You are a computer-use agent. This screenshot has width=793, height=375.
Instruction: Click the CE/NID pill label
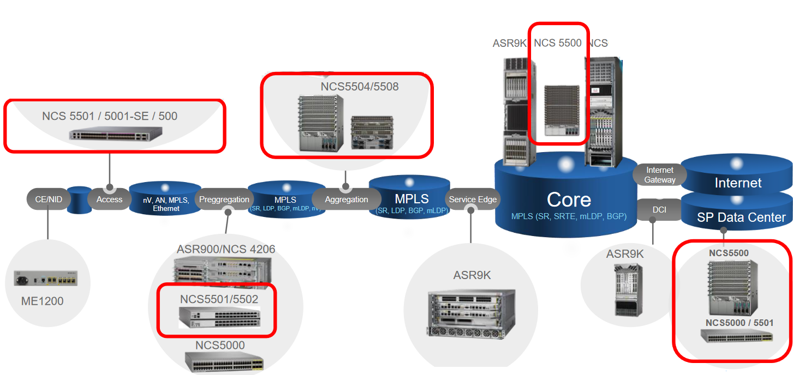pyautogui.click(x=49, y=199)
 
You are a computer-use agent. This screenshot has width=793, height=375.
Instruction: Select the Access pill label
pyautogui.click(x=109, y=199)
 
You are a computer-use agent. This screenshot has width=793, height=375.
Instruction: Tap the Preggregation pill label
pyautogui.click(x=224, y=199)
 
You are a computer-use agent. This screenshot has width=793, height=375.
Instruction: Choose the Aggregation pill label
pyautogui.click(x=346, y=199)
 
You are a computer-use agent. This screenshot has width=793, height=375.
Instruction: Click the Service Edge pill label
pyautogui.click(x=473, y=199)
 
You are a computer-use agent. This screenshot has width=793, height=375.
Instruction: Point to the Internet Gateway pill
pyautogui.click(x=659, y=175)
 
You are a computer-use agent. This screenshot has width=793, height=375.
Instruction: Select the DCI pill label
pyautogui.click(x=659, y=210)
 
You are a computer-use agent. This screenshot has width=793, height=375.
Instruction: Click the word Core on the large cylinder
pyautogui.click(x=569, y=199)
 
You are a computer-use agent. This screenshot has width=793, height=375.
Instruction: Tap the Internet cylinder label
pyautogui.click(x=738, y=183)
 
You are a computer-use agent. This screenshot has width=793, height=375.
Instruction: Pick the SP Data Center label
pyautogui.click(x=741, y=217)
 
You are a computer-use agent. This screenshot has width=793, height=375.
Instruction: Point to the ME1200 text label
pyautogui.click(x=43, y=301)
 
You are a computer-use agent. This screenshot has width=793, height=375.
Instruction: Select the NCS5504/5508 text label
pyautogui.click(x=360, y=87)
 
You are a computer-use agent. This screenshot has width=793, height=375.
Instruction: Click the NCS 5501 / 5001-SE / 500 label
pyautogui.click(x=110, y=116)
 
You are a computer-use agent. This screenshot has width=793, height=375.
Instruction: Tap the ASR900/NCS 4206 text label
pyautogui.click(x=226, y=249)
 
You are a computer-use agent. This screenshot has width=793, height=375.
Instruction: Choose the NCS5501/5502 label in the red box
pyautogui.click(x=219, y=299)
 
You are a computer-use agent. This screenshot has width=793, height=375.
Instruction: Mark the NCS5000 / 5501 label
pyautogui.click(x=739, y=323)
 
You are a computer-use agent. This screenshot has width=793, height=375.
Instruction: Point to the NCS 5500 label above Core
pyautogui.click(x=558, y=43)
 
